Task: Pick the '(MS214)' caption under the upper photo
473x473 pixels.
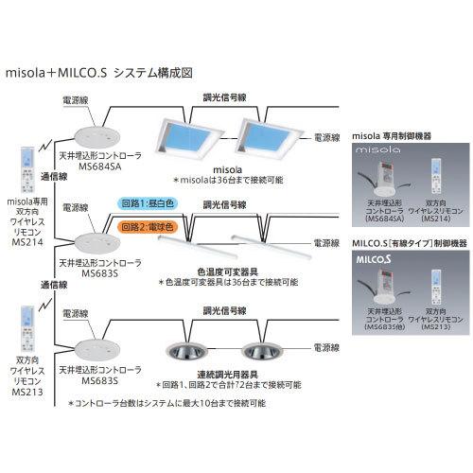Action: point(435,219)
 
